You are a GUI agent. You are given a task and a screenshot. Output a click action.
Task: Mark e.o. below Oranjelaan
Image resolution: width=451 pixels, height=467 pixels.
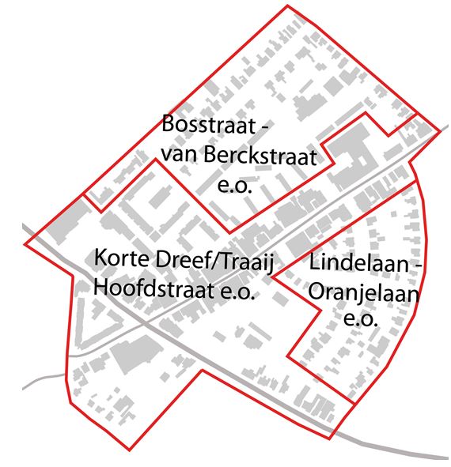pos(361,321)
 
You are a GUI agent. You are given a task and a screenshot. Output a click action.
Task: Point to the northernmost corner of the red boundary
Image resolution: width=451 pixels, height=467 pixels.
pos(287,6)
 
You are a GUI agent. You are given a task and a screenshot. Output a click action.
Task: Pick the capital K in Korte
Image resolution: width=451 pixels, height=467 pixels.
pos(100,258)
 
